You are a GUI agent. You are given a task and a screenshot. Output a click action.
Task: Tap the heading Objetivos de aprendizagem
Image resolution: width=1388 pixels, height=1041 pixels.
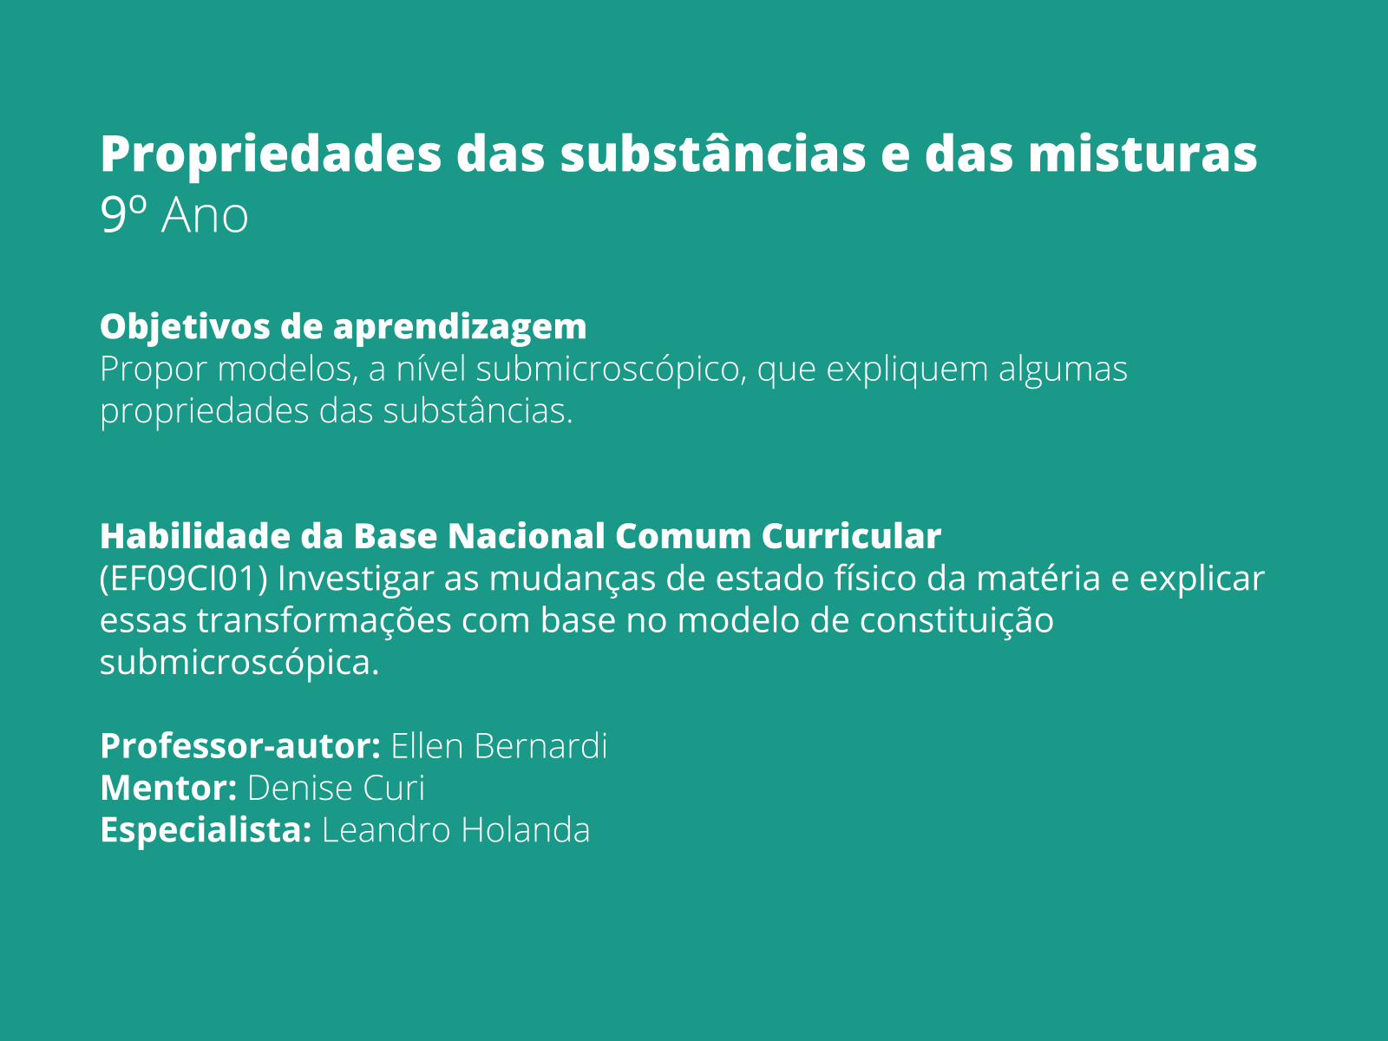click(x=343, y=327)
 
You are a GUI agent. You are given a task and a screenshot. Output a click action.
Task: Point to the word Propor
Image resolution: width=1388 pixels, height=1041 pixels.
click(x=154, y=370)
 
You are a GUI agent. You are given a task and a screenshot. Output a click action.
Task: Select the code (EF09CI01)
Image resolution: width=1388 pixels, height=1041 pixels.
click(x=183, y=579)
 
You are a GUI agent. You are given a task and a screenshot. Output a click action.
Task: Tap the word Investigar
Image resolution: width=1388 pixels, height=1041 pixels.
click(x=356, y=579)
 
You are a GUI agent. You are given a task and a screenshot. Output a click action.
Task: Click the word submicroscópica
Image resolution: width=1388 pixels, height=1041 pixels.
click(x=239, y=663)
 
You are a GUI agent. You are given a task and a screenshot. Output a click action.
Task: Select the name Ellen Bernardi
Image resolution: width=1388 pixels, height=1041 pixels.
click(x=499, y=746)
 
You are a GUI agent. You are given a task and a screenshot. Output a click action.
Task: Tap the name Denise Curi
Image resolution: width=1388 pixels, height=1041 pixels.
click(x=336, y=789)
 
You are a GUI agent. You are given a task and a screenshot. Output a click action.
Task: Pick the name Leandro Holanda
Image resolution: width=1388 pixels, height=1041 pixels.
click(x=455, y=830)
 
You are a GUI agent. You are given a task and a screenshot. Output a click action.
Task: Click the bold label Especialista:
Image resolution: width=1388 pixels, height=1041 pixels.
click(x=206, y=830)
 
